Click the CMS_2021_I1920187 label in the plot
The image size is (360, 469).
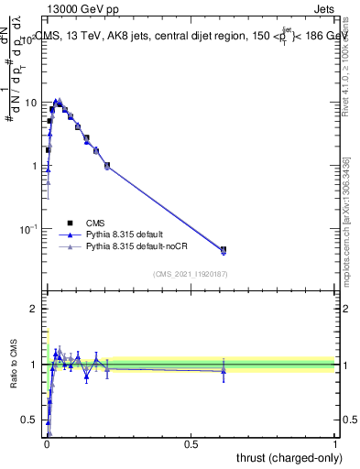(x=190, y=274)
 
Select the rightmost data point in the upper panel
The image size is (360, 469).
(x=223, y=249)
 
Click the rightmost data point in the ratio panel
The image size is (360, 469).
(x=223, y=370)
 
